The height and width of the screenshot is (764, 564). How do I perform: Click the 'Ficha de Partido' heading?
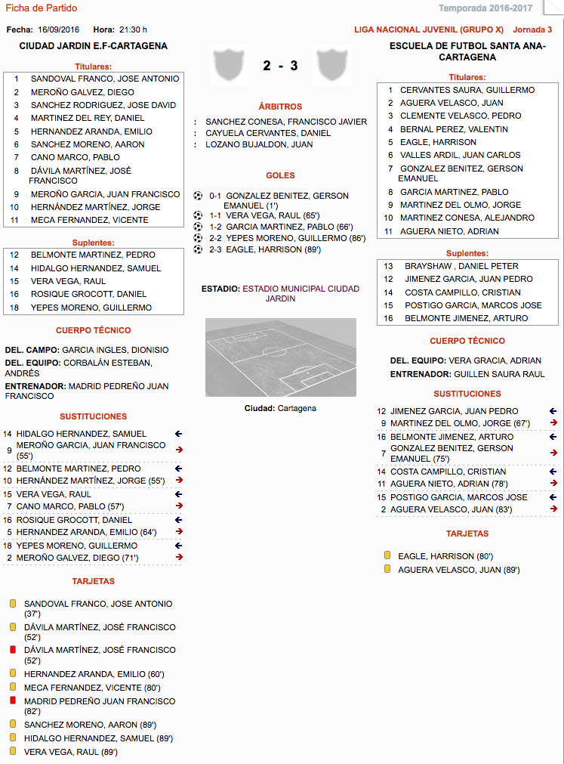[x=41, y=8]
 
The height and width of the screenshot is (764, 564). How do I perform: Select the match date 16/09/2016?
[x=58, y=29]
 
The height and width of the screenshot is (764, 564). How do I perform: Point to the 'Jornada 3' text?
[x=532, y=30]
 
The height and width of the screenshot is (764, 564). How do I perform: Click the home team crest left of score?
[x=229, y=65]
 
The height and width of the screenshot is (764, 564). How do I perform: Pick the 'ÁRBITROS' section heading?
[x=280, y=107]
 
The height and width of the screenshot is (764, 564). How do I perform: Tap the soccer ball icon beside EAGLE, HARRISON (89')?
[x=198, y=249]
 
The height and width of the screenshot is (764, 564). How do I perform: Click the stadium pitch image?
[x=280, y=357]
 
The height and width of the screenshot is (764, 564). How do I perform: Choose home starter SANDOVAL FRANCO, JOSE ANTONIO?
[x=105, y=79]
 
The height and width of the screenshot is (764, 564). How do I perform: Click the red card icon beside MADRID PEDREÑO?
[x=12, y=701]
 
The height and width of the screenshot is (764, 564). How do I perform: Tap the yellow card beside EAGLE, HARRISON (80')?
[x=387, y=556]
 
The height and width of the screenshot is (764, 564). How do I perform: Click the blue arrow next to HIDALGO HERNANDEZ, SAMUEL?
[x=179, y=434]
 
